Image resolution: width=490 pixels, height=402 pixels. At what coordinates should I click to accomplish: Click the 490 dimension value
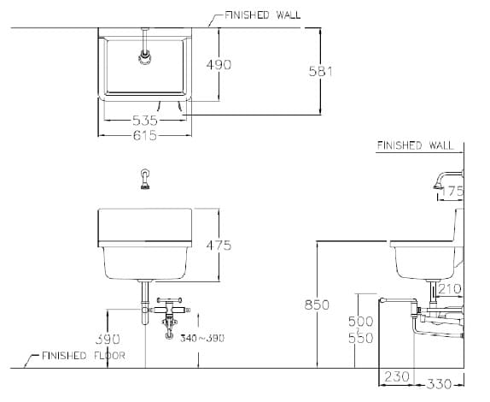click(219, 64)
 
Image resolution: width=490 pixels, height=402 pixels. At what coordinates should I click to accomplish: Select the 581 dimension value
click(319, 71)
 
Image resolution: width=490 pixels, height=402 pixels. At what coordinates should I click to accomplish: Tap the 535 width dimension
click(143, 121)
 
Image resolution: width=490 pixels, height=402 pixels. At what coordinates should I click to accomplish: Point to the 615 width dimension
click(143, 134)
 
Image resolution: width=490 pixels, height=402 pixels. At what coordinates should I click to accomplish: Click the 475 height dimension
click(218, 245)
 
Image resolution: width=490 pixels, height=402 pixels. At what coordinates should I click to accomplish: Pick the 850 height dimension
click(317, 304)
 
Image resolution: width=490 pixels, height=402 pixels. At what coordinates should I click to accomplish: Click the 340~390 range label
click(202, 339)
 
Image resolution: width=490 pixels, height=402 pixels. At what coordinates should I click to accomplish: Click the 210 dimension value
click(450, 289)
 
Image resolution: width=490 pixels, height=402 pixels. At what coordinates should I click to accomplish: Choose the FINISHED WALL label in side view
click(415, 145)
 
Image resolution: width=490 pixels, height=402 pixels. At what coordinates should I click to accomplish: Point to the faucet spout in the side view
click(435, 181)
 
